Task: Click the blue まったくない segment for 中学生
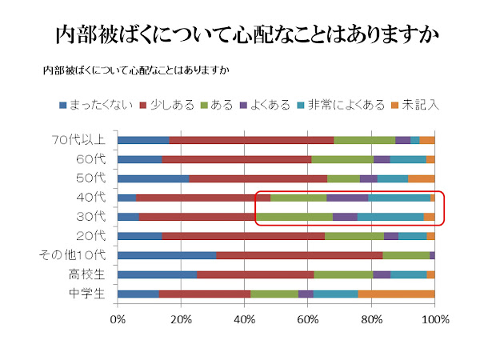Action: point(138,294)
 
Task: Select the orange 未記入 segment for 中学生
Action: point(396,294)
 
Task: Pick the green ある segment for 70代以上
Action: point(364,140)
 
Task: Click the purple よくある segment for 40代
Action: point(347,198)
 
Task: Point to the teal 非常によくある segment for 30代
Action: point(390,217)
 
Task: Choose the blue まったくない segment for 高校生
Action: point(157,274)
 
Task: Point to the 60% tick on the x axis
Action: point(308,320)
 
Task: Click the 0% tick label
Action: point(118,320)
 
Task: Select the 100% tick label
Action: point(434,320)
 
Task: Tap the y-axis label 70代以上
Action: point(78,140)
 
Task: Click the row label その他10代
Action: point(73,255)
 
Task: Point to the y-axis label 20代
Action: point(91,236)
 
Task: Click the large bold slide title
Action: point(240,35)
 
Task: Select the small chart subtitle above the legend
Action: point(136,70)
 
